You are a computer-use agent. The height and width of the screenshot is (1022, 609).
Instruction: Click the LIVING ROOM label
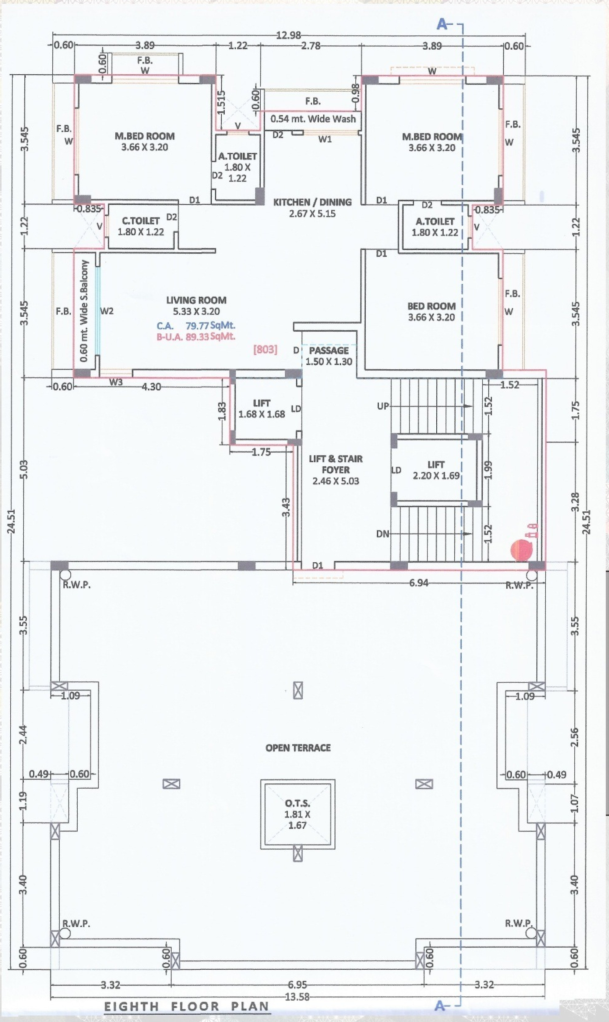pos(196,300)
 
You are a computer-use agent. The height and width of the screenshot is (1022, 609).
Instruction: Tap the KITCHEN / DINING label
pos(312,202)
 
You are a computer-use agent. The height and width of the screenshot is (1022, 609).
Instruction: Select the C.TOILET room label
pos(140,221)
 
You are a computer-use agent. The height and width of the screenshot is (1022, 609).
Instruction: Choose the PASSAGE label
pos(329,350)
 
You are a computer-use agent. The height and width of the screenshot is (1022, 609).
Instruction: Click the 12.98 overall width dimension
pos(288,35)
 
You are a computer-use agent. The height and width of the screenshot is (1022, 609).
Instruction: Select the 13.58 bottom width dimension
pos(297,996)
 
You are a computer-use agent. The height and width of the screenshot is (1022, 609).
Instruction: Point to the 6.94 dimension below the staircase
pos(419,583)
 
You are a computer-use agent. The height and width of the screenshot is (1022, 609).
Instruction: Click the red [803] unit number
pos(265,349)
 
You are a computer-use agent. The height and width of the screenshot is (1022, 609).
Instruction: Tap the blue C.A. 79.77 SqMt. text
pos(196,326)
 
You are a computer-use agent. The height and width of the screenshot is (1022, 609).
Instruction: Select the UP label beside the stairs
pos(383,406)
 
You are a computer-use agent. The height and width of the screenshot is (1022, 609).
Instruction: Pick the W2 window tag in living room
pos(107,311)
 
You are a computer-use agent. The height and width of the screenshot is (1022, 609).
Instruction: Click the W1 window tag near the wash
pos(325,139)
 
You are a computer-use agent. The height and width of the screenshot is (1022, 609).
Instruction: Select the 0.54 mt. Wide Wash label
pos(313,119)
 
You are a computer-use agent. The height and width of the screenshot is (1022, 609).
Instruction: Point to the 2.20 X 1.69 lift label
pos(436,476)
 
